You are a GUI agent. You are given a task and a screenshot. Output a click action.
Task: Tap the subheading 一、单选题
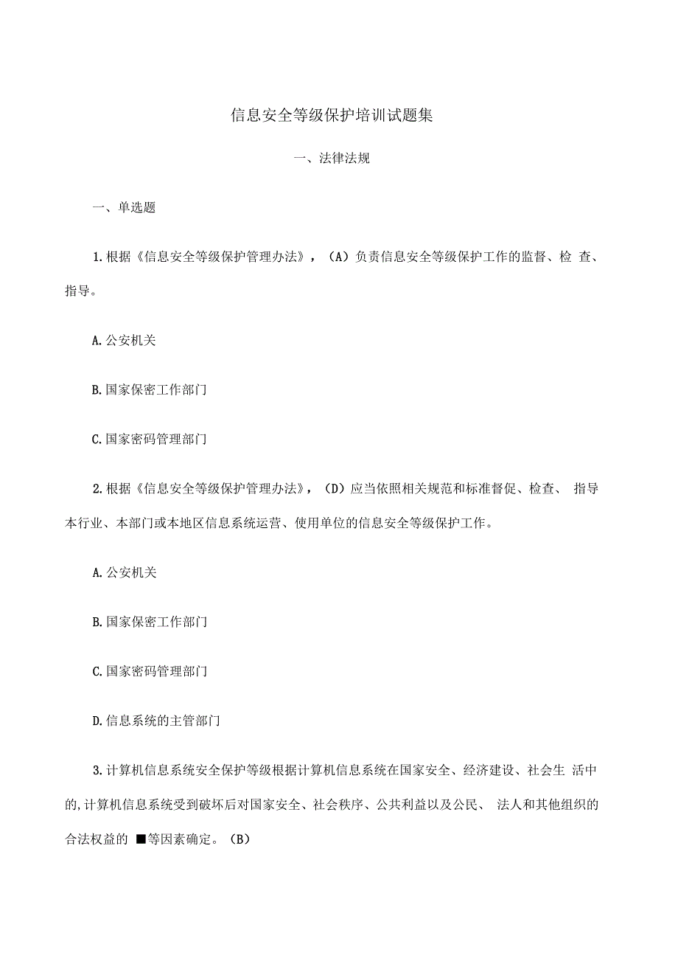coord(123,208)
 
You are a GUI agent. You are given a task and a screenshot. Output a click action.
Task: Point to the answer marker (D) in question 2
coord(335,489)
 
